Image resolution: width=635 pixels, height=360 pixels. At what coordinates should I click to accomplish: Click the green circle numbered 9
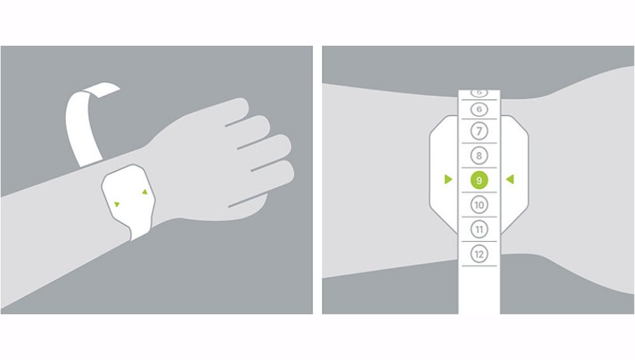[x=479, y=180]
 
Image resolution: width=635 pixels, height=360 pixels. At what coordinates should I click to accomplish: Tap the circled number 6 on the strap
[x=479, y=109]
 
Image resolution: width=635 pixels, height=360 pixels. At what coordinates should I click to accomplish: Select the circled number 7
[x=479, y=132]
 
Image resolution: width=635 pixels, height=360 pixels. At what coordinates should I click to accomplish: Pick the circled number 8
[x=479, y=156]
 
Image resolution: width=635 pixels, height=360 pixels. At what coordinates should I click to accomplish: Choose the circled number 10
[x=479, y=204]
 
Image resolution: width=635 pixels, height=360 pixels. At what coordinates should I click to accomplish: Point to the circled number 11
[x=479, y=229]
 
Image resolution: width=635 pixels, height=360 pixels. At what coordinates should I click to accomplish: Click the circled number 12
[x=479, y=254]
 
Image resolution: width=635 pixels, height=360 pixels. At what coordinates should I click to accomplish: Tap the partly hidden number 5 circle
[x=479, y=93]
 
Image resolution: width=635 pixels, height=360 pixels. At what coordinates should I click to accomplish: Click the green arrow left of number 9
[x=448, y=180]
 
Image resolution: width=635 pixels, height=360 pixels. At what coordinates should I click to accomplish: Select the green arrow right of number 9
[x=509, y=180]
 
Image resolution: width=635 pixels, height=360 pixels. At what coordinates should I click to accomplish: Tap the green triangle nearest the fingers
[x=145, y=191]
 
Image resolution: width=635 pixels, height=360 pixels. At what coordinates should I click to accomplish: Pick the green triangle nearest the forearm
[x=117, y=204]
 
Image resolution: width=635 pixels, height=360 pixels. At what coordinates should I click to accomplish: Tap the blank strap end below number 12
[x=479, y=289]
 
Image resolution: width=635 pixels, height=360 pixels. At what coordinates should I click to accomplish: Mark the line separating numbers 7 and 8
[x=479, y=144]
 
